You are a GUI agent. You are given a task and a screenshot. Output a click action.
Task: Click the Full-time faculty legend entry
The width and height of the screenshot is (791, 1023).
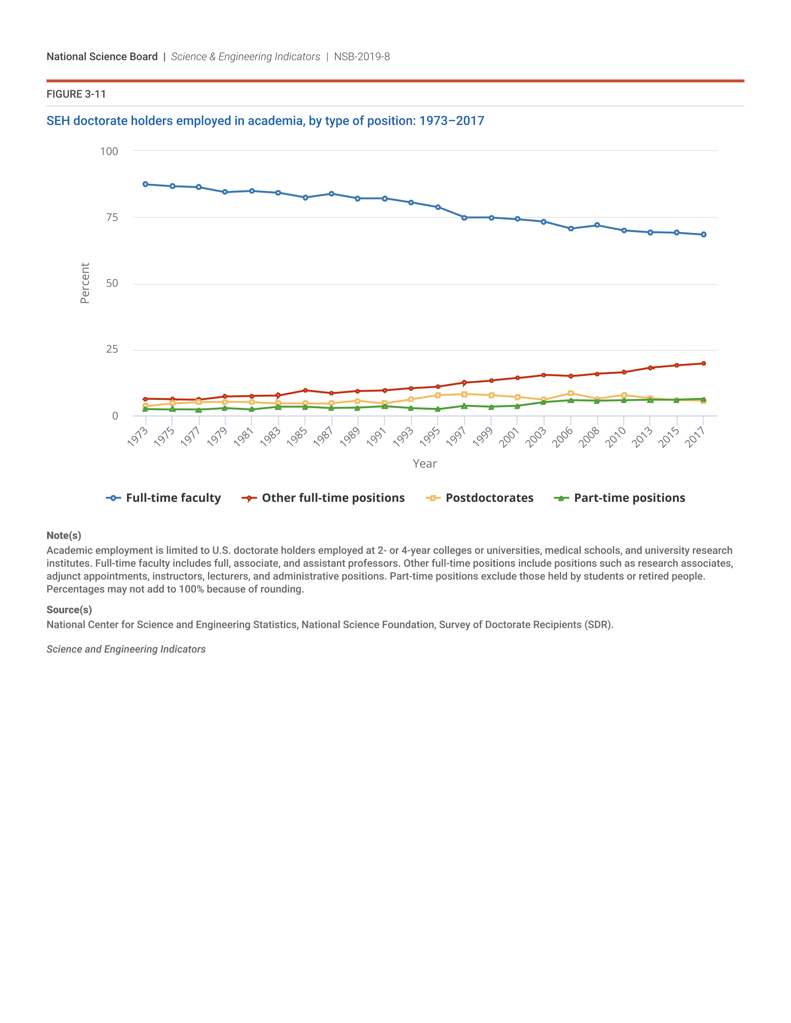[x=163, y=498]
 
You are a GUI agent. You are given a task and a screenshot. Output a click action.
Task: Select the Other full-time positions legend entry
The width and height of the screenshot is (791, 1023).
[x=323, y=498]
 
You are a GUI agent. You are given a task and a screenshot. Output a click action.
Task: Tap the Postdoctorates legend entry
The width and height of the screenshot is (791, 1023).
[x=480, y=498]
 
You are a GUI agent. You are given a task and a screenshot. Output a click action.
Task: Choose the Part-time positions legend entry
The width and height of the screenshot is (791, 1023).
[x=619, y=498]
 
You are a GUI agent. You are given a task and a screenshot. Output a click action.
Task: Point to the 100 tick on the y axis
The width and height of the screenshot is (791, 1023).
[x=109, y=151]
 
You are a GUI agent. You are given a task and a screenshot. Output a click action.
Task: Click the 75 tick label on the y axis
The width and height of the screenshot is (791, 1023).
[x=112, y=217]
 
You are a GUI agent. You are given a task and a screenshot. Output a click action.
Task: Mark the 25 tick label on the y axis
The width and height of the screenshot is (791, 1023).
[x=112, y=349]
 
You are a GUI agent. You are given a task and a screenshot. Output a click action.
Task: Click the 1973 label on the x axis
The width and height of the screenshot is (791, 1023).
[x=138, y=437]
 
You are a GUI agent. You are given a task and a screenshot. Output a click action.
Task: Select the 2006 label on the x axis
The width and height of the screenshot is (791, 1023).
[x=563, y=437]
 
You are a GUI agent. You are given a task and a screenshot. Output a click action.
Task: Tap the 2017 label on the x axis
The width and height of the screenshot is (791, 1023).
[x=696, y=437]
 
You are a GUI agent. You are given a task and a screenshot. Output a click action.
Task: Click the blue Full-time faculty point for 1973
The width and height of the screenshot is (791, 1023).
[x=145, y=185]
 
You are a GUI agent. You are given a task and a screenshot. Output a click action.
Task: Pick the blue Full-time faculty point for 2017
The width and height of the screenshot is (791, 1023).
[x=704, y=235]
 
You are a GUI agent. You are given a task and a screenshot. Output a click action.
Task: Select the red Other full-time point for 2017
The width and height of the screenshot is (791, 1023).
[x=704, y=364]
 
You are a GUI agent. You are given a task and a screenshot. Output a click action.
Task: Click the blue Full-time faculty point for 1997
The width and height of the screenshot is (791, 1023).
[x=464, y=218]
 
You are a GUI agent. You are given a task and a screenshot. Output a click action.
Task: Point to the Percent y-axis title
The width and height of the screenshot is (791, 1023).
[x=85, y=283]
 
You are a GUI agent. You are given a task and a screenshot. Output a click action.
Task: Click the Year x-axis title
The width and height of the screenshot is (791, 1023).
[x=424, y=464]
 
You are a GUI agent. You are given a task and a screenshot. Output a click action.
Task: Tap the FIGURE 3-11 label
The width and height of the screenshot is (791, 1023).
[x=76, y=94]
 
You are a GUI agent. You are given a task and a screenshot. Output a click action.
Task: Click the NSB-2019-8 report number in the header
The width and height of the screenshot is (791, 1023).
[x=362, y=57]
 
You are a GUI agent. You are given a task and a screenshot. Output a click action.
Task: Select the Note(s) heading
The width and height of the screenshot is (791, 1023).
[x=64, y=535]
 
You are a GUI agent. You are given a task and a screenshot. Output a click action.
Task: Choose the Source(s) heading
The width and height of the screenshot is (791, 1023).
[x=69, y=610]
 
